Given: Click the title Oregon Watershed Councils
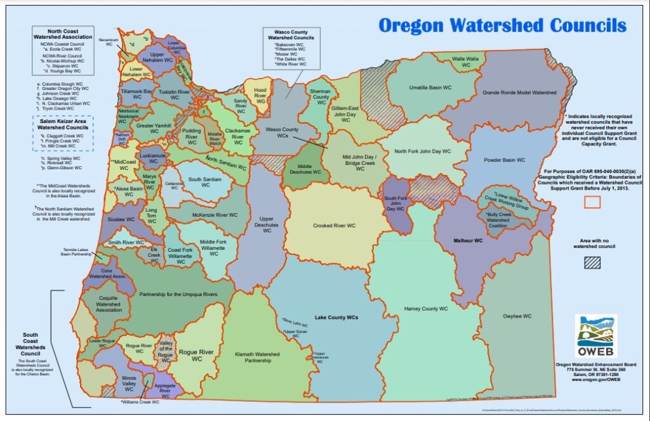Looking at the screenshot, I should coord(502,25).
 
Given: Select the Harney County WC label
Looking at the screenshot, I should coord(426,309).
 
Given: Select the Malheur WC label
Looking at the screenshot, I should coord(468,241).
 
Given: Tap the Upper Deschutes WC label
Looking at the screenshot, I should coord(267,224).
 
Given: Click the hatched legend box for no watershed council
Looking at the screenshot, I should coord(593,264).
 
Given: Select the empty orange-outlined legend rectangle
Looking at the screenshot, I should coord(592,202).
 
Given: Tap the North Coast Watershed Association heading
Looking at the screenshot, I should coord(63,33).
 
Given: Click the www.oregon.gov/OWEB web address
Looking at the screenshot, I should coord(595,380).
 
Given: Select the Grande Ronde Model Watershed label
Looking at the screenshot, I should coord(519,93).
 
